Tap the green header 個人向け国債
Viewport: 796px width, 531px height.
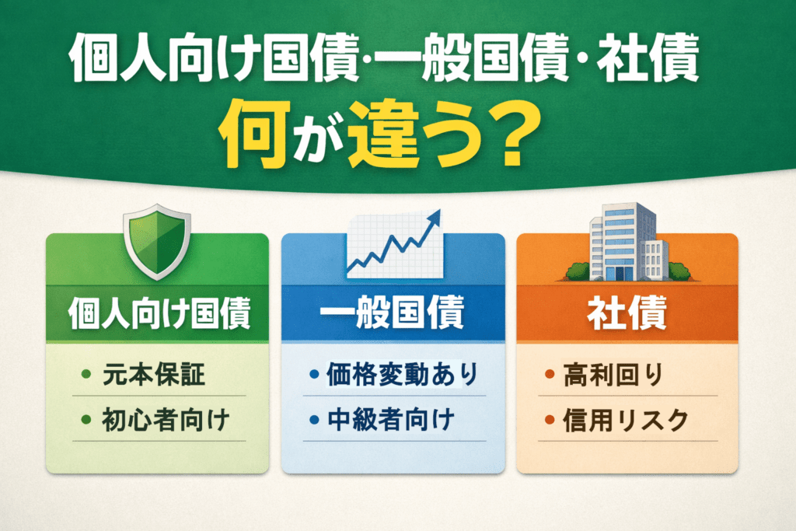pos(159,316)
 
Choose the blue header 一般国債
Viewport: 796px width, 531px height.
pos(393,316)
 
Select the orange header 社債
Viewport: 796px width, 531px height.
pos(627,316)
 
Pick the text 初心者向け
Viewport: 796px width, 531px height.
pos(166,421)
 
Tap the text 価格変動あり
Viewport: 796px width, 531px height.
pos(403,376)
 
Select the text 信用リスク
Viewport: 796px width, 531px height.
pos(627,421)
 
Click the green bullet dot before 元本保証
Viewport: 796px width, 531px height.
pos(86,377)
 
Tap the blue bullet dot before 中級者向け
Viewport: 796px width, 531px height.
pos(313,422)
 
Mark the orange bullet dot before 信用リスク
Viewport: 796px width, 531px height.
pos(548,422)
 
